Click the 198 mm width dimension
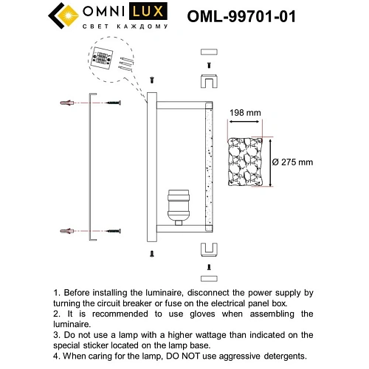tap(245, 113)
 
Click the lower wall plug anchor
tap(67, 232)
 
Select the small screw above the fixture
tap(151, 79)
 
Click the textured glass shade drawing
tap(244, 162)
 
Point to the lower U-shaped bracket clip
tap(208, 247)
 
